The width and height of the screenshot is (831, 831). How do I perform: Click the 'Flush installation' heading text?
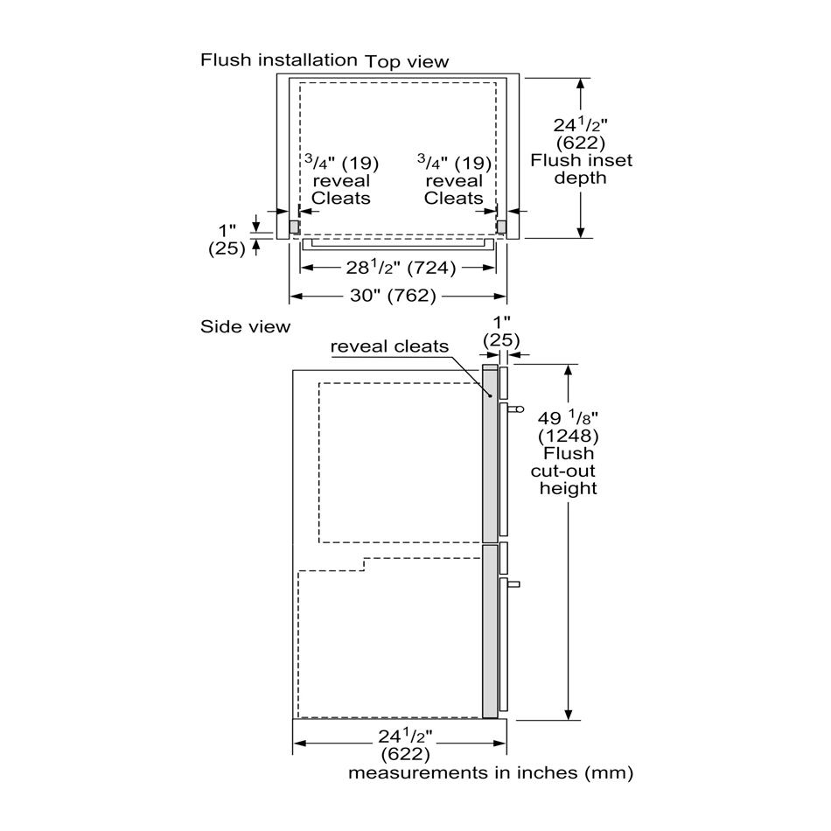tap(279, 59)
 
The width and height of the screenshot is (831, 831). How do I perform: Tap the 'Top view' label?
tap(407, 62)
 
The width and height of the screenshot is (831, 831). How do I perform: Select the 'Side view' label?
tap(246, 326)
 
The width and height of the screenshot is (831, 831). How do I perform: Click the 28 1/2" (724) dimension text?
tap(401, 268)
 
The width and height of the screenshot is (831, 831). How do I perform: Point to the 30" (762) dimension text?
tap(393, 295)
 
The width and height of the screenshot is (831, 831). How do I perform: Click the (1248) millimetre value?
tap(568, 436)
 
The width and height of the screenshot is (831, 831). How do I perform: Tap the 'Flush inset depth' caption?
tap(582, 169)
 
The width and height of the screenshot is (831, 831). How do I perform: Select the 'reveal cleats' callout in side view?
tap(389, 346)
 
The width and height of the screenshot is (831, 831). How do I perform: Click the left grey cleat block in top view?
tap(295, 227)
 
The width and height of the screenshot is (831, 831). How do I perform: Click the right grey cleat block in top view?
tap(501, 227)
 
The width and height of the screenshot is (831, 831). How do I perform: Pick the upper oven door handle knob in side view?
tap(516, 409)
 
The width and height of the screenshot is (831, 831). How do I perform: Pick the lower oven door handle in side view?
tap(513, 584)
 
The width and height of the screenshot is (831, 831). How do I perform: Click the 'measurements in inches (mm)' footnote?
tap(491, 772)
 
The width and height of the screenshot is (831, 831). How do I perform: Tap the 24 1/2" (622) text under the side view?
tap(405, 744)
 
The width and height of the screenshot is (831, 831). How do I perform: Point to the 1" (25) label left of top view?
tap(227, 240)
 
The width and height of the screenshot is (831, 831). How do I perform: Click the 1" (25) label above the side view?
tap(501, 331)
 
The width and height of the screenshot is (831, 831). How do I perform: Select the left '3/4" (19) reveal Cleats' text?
tap(341, 180)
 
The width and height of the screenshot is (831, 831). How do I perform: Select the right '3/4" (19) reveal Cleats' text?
tap(454, 180)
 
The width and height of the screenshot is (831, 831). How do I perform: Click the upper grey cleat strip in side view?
tap(490, 454)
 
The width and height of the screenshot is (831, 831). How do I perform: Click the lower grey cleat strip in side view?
tap(490, 632)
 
